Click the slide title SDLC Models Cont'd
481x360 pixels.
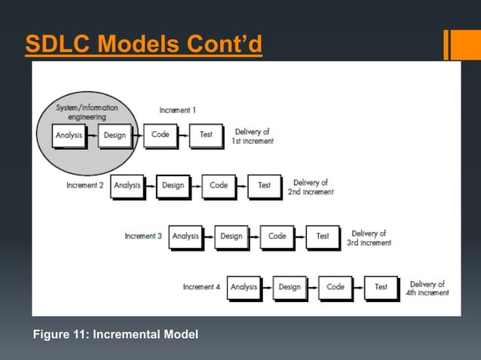pyautogui.click(x=143, y=45)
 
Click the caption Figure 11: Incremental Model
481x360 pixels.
pyautogui.click(x=115, y=334)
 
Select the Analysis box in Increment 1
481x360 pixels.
pyautogui.click(x=69, y=136)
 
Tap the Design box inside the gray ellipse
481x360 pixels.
pyautogui.click(x=114, y=136)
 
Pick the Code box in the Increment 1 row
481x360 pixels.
pyautogui.click(x=160, y=135)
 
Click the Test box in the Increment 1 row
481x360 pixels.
pyautogui.click(x=205, y=135)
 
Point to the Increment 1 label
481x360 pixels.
pyautogui.click(x=178, y=110)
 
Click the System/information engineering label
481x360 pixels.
pyautogui.click(x=87, y=112)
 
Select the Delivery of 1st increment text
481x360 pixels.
pyautogui.click(x=254, y=136)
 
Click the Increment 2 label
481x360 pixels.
pyautogui.click(x=84, y=185)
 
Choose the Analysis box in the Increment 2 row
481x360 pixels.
pyautogui.click(x=127, y=185)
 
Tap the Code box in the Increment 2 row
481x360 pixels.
pyautogui.click(x=219, y=185)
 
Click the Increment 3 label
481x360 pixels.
pyautogui.click(x=143, y=236)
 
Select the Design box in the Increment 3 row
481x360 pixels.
pyautogui.click(x=231, y=236)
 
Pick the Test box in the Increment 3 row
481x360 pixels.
pyautogui.click(x=323, y=236)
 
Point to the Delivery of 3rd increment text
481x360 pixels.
pyautogui.click(x=370, y=238)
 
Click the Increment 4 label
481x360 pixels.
pyautogui.click(x=201, y=287)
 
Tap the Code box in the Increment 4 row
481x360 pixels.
pyautogui.click(x=335, y=287)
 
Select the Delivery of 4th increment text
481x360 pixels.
pyautogui.click(x=428, y=288)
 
